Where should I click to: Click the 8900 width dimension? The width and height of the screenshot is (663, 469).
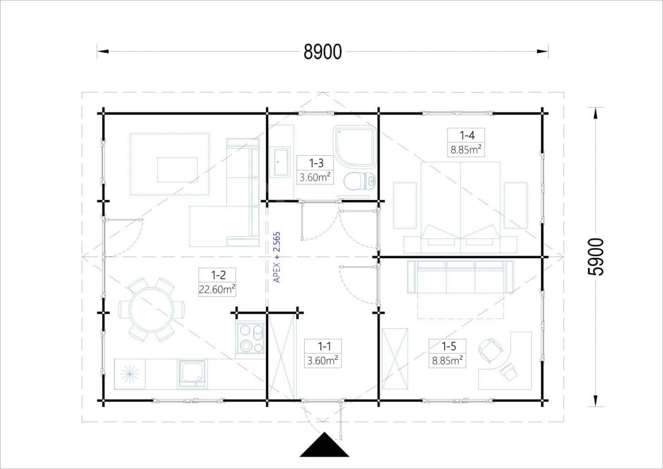[x=323, y=52]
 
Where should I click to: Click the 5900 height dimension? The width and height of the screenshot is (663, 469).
[x=596, y=257]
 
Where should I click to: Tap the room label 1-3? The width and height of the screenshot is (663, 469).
[x=316, y=163]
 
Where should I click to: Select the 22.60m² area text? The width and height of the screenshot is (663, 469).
[x=217, y=289]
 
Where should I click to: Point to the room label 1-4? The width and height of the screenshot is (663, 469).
[x=467, y=136]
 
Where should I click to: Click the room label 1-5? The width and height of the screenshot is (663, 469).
[x=448, y=346]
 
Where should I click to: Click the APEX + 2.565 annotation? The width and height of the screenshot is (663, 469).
[x=276, y=257]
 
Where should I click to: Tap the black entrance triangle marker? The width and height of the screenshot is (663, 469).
[x=324, y=445]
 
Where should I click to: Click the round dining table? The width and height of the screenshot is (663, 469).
[x=151, y=310]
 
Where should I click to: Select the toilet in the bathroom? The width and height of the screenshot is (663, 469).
[x=360, y=181]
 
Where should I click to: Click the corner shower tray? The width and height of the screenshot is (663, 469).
[x=355, y=146]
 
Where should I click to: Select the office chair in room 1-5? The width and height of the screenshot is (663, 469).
[x=490, y=349]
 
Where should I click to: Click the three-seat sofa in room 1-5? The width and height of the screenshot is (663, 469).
[x=460, y=277]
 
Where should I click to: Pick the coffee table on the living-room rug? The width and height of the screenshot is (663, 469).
[x=177, y=170]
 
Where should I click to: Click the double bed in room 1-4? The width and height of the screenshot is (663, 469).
[x=461, y=208]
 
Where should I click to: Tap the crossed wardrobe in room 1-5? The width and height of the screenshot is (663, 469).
[x=395, y=359]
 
